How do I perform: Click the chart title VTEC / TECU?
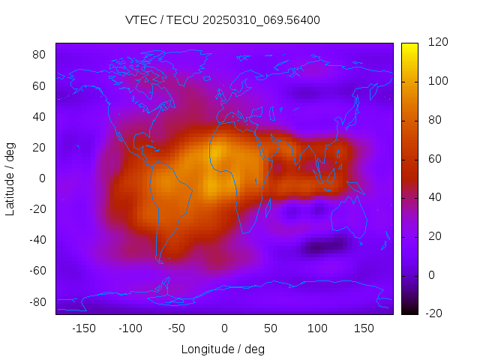coord(222,20)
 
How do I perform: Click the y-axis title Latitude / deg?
coord(10,178)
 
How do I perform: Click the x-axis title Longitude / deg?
coord(223,349)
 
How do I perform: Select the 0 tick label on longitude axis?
coord(223,328)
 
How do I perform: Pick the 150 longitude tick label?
coord(364,328)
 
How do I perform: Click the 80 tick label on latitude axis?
coord(40,55)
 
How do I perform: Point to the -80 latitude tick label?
coord(37,301)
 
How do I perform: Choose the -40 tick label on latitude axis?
coord(37,240)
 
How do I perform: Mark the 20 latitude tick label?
coord(40,148)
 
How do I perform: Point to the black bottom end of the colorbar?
coord(409,310)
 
